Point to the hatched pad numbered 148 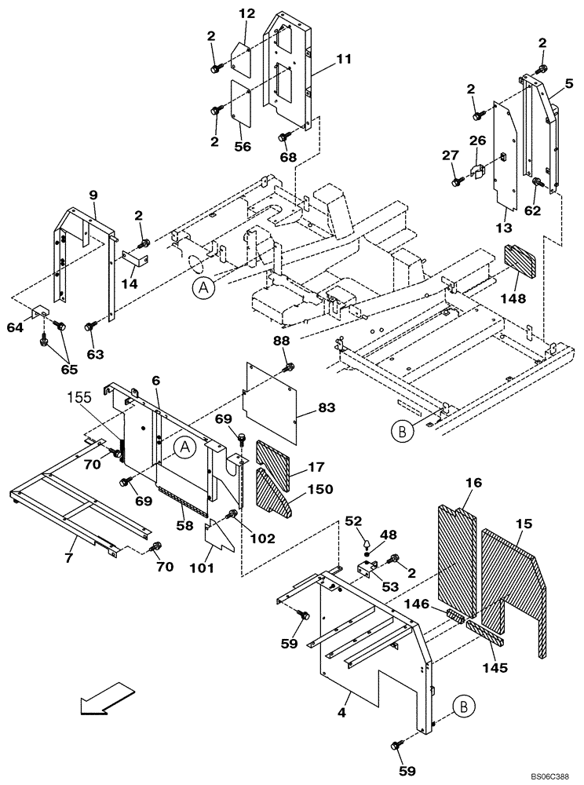(519, 259)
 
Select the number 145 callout (495, 668)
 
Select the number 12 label (247, 13)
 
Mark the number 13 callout (504, 227)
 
